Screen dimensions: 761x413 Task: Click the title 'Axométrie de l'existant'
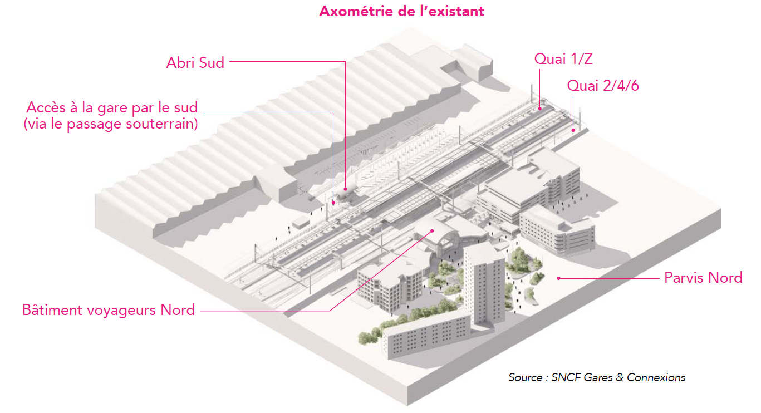pos(401,12)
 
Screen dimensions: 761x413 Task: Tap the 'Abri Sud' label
pos(195,63)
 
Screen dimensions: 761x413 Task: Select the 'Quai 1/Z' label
pos(563,59)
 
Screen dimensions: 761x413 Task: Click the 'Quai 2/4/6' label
pos(603,86)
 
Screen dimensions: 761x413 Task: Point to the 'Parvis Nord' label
pos(703,278)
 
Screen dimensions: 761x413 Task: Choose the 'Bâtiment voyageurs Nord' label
pos(109,310)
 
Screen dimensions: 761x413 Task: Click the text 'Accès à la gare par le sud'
pos(112,107)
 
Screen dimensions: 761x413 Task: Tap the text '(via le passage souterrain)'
pos(111,124)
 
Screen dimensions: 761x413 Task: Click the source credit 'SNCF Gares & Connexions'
pos(618,377)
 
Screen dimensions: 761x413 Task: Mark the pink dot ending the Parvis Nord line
pos(558,278)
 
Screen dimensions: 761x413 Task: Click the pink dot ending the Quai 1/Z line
pos(540,109)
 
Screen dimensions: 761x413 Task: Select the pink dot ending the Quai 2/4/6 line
pos(573,130)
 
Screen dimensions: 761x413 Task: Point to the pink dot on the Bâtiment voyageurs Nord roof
pos(432,231)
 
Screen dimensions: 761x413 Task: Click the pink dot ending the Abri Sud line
pos(346,189)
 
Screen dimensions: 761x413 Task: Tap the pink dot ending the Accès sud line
pos(333,203)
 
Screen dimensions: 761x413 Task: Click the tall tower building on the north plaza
pos(484,286)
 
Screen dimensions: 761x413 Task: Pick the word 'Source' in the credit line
pos(525,377)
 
